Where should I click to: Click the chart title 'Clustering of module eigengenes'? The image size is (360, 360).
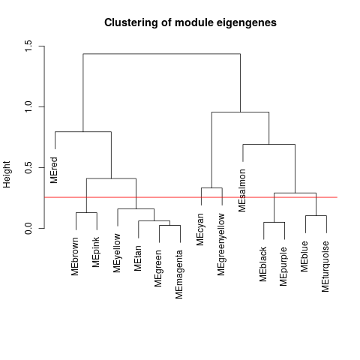click(190, 22)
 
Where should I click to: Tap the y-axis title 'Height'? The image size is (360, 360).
click(7, 174)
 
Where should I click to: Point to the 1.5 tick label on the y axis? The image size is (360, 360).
click(28, 46)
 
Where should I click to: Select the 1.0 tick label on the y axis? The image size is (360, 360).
click(28, 106)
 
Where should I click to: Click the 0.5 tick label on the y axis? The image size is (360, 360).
click(28, 167)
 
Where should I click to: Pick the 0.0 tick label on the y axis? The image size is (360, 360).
click(28, 228)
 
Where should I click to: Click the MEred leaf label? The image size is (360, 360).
click(54, 170)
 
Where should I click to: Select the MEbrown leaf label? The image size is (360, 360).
click(75, 256)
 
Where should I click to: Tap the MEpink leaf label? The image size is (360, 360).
click(96, 252)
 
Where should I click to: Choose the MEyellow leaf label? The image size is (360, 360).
click(117, 253)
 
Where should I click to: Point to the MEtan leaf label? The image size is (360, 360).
click(138, 258)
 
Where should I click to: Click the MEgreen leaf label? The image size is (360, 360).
click(159, 268)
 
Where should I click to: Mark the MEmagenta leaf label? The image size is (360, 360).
click(179, 274)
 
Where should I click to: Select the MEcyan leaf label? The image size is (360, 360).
click(200, 229)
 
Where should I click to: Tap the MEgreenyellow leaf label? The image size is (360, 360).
click(221, 244)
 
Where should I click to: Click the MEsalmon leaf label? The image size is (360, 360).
click(242, 190)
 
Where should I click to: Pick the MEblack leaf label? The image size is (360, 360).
click(263, 264)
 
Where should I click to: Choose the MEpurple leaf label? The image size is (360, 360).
click(284, 266)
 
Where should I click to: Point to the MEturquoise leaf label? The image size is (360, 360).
click(326, 266)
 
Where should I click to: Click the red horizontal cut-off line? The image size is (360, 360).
click(190, 197)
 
